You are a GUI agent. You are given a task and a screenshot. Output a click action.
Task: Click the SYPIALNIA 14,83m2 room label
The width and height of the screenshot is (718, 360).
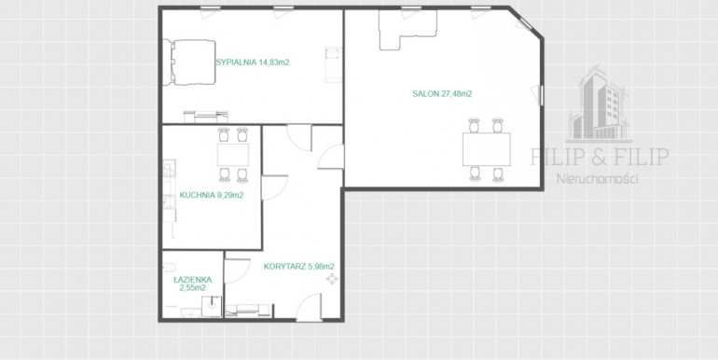[x=253, y=63]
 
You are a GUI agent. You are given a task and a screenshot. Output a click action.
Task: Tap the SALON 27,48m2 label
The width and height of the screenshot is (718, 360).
[x=442, y=94]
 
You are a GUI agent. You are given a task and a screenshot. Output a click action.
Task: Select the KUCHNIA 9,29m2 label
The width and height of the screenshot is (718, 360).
[x=212, y=195]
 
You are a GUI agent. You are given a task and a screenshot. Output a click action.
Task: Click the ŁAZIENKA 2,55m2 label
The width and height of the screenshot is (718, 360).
[x=192, y=284]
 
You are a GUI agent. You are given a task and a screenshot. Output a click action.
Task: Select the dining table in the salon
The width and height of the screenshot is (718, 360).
[x=487, y=149]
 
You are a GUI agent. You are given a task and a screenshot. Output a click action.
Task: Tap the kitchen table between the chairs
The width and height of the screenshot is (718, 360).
[x=233, y=155]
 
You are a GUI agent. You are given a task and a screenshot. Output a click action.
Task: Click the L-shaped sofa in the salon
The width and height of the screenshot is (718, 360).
[x=407, y=29]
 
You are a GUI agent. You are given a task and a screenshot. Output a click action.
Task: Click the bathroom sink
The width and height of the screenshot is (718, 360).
[x=212, y=306]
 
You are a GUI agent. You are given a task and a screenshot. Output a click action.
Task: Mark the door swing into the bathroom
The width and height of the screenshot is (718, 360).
[x=237, y=271]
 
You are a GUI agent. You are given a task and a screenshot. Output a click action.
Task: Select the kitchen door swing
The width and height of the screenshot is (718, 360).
[x=274, y=187]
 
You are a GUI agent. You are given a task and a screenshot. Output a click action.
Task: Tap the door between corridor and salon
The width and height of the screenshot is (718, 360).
[x=331, y=157]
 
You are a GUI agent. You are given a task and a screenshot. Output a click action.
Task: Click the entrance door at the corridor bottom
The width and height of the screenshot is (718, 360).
[x=309, y=308]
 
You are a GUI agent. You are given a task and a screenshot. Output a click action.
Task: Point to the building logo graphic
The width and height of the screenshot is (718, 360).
[x=600, y=104]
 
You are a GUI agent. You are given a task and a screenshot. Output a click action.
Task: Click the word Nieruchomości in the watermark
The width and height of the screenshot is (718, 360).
[x=597, y=179]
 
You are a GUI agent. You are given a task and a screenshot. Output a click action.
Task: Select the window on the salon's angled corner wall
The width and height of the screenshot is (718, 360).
[x=525, y=23]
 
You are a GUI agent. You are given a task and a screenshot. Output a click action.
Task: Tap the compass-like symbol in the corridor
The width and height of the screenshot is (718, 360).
[x=332, y=279]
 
